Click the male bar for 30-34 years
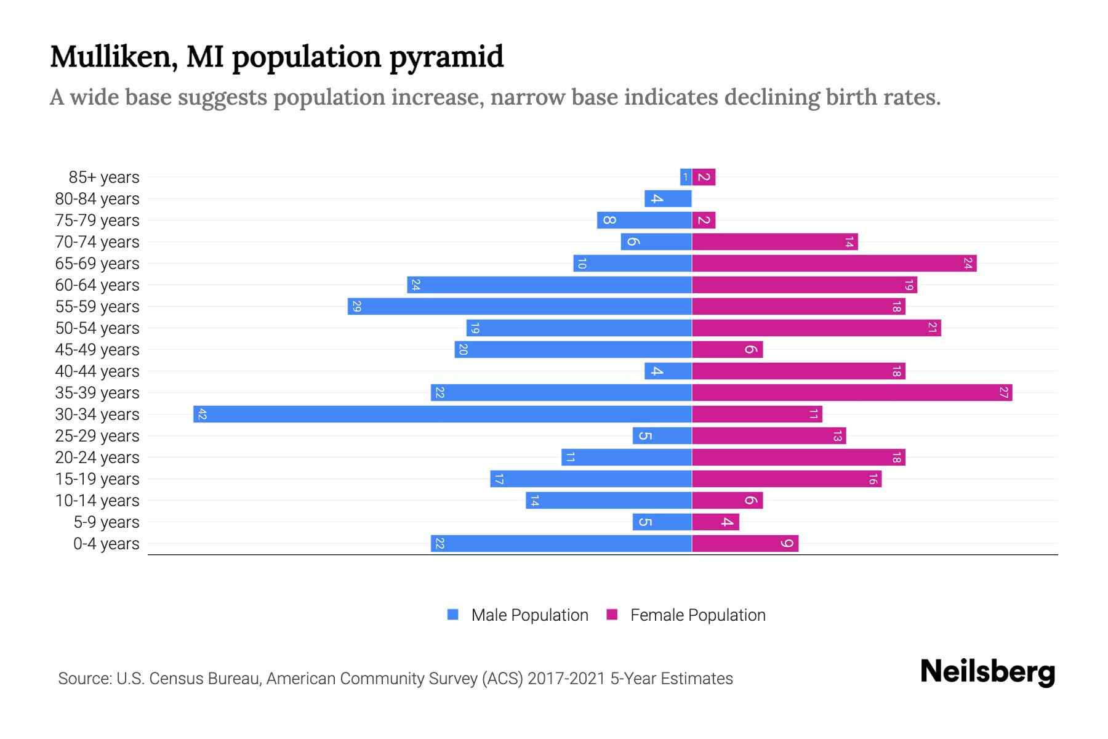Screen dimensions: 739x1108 point(442,414)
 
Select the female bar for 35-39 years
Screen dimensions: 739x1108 point(852,392)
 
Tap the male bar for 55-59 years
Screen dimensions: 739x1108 point(520,306)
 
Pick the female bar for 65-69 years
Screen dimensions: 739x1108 point(834,263)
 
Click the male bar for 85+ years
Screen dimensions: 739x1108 point(686,177)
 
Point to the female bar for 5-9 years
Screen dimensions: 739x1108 point(715,522)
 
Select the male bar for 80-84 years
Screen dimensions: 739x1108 point(668,198)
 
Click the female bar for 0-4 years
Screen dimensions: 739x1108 point(745,543)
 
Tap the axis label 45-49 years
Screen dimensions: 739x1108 point(97,349)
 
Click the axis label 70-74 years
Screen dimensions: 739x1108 point(97,241)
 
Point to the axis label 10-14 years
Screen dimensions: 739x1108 point(97,500)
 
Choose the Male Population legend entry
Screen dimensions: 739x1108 point(518,615)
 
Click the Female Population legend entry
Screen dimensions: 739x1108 point(686,615)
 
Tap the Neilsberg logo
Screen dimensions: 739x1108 point(987,672)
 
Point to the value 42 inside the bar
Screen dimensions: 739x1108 point(202,414)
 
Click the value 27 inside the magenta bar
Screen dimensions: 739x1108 point(1003,392)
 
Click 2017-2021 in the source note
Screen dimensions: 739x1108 point(566,678)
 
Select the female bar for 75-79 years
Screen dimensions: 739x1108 point(704,220)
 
